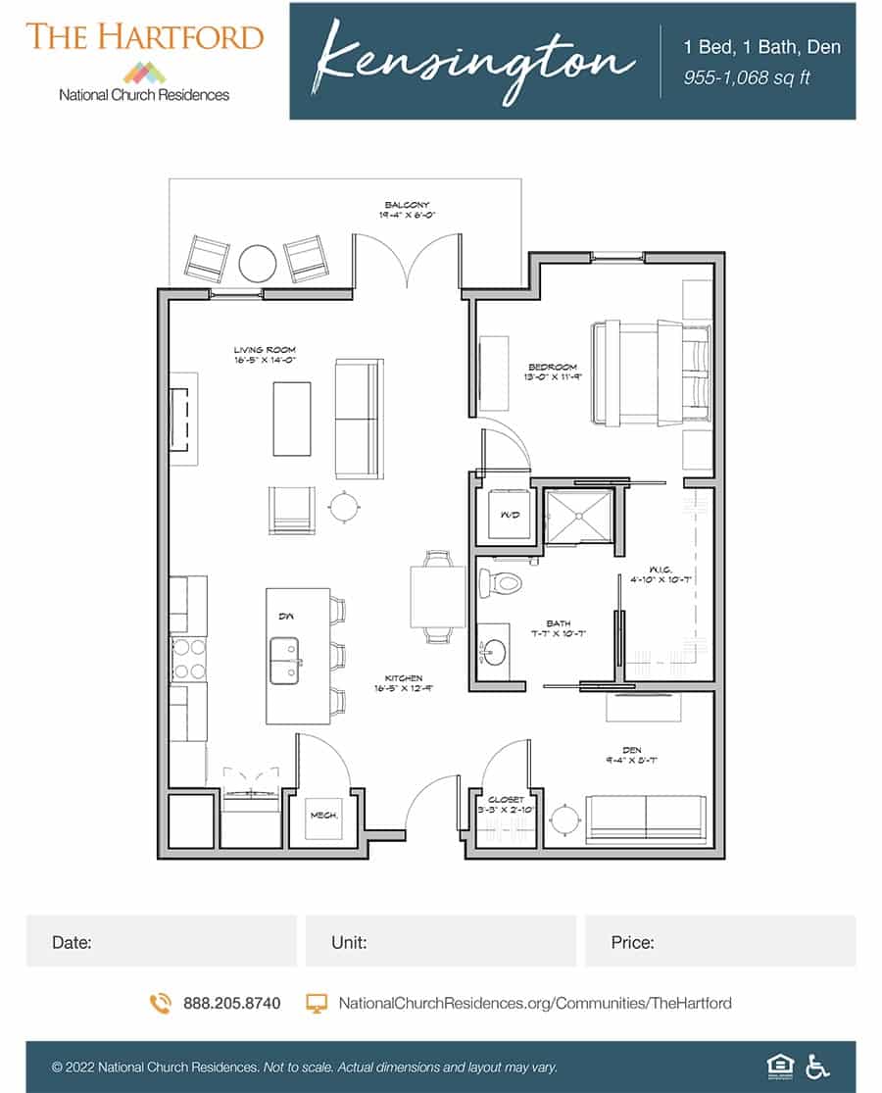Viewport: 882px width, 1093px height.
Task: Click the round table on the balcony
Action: click(x=258, y=263)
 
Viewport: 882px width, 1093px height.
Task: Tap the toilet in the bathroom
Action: click(x=501, y=583)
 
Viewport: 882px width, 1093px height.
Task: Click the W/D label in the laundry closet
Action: click(x=510, y=514)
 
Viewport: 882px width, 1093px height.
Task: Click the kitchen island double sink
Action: click(x=286, y=660)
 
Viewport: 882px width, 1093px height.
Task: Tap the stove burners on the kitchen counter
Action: click(x=188, y=659)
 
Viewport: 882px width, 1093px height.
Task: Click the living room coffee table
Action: click(x=291, y=418)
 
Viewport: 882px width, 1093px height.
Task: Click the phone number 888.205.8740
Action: click(x=231, y=1003)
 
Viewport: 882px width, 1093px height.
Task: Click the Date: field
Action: click(x=162, y=942)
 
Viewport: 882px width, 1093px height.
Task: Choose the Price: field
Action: click(x=719, y=942)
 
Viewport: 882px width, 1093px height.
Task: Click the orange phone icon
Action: click(x=160, y=1003)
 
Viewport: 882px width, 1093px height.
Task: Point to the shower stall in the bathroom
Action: click(x=577, y=514)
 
